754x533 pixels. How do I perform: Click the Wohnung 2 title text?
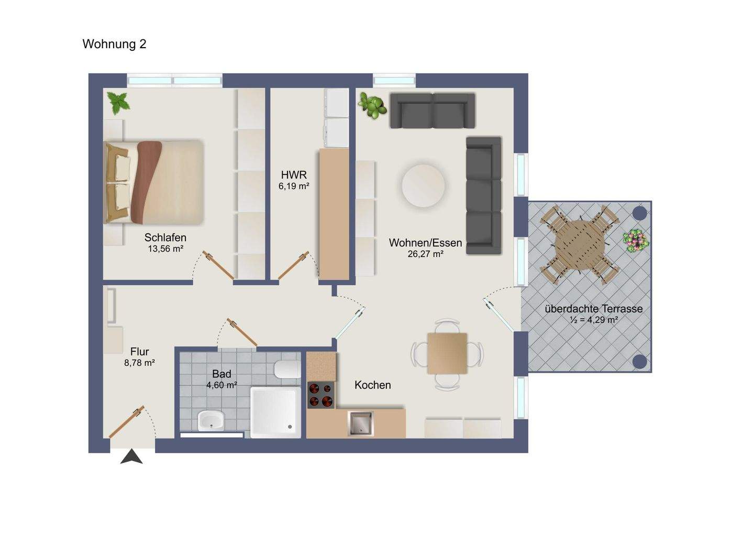click(115, 44)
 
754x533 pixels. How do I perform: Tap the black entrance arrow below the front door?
click(131, 457)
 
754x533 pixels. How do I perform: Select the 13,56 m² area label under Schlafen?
click(165, 249)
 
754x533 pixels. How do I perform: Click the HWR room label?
click(294, 175)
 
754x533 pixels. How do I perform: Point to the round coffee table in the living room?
click(423, 185)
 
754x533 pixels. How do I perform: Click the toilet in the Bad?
click(287, 369)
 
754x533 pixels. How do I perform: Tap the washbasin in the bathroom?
click(210, 420)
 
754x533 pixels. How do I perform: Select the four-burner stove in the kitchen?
click(321, 395)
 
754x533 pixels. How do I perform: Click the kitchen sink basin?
click(360, 423)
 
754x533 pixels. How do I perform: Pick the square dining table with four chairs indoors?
click(447, 353)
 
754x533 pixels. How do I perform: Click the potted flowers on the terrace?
click(636, 240)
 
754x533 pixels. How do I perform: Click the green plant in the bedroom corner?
click(118, 103)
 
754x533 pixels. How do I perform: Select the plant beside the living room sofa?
click(372, 105)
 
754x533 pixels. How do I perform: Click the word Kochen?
click(373, 385)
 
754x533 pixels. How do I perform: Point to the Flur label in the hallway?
click(140, 352)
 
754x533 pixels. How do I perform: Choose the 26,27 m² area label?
click(426, 254)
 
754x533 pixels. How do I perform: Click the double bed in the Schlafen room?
click(153, 182)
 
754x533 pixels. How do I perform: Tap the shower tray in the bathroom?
click(275, 413)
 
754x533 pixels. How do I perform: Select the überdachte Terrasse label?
click(594, 309)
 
